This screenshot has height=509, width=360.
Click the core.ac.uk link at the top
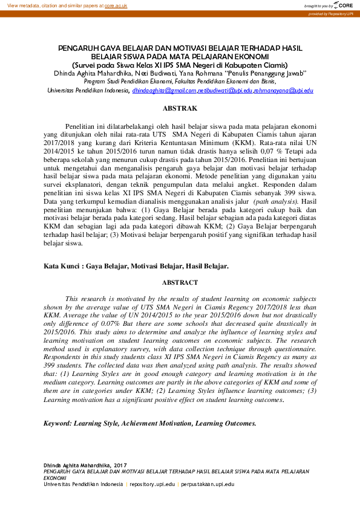tap(116, 5)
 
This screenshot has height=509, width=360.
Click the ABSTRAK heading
tap(180, 108)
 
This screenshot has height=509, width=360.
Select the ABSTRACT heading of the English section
tap(179, 282)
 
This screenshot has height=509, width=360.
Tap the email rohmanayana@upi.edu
tap(283, 91)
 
